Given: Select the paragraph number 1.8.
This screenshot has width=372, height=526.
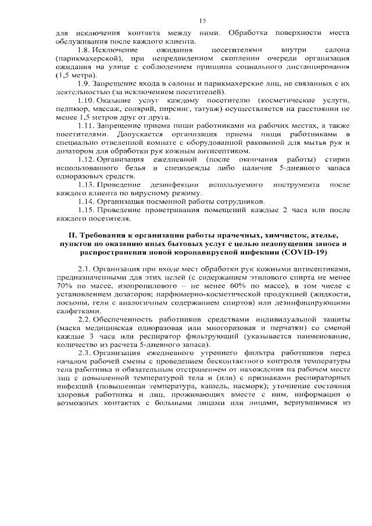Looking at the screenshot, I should pos(84,51).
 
